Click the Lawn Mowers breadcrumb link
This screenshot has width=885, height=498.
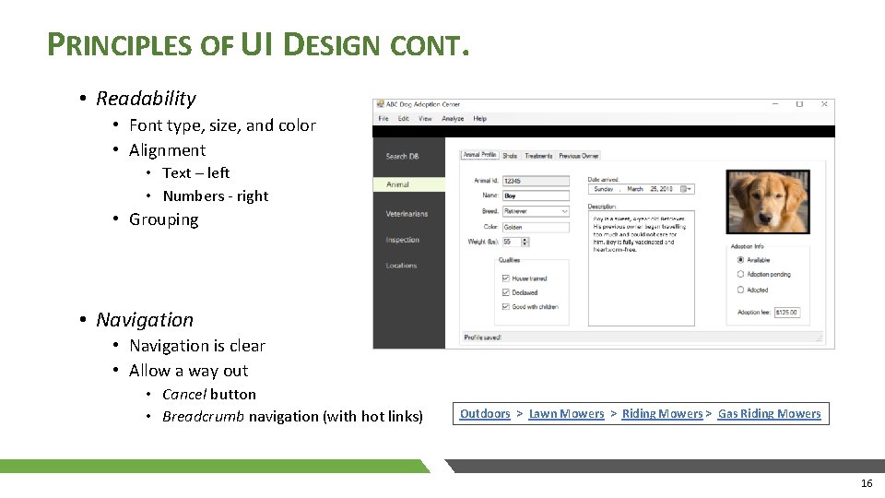tap(566, 414)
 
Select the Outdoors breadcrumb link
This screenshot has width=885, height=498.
tap(485, 414)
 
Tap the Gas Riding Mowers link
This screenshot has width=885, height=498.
tap(769, 414)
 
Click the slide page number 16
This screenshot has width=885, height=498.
tap(866, 483)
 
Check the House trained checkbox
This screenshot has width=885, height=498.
tap(505, 279)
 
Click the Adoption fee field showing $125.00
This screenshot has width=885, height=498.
tap(786, 313)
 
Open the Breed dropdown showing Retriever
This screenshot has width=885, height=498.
tap(564, 211)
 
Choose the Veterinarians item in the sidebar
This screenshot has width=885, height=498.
tap(407, 214)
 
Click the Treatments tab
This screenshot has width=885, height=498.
tap(538, 156)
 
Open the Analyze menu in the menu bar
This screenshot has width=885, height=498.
tap(453, 119)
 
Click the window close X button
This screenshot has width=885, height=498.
tap(824, 104)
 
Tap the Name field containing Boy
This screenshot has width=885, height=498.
tap(536, 196)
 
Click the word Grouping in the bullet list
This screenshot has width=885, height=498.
tap(164, 219)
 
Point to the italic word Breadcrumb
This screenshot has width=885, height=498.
tap(203, 417)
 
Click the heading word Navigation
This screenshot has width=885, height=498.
tap(145, 320)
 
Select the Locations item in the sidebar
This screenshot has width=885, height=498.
tap(401, 266)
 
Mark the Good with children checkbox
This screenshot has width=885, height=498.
tap(505, 306)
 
